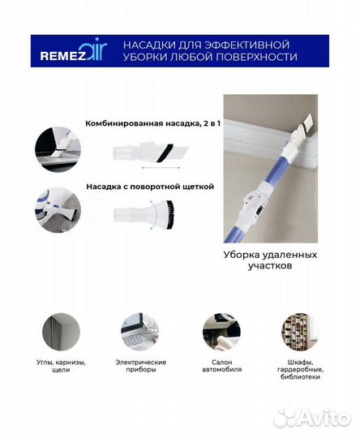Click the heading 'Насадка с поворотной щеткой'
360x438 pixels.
[x=149, y=186]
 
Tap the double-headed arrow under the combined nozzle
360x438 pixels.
[x=161, y=170]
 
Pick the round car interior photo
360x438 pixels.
[x=221, y=332]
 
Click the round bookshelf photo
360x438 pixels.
[x=300, y=332]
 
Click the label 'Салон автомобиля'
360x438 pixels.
[x=221, y=366]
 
